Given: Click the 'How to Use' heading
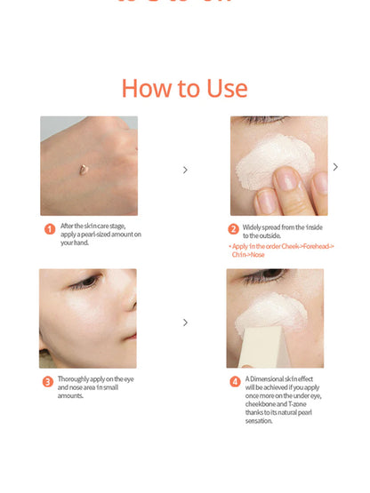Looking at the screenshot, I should point(184,88).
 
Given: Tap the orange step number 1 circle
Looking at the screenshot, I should point(50,229).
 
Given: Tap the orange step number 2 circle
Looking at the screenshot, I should point(234,229).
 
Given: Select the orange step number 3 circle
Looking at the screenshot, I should point(48,382).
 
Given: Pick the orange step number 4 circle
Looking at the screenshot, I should point(235,382).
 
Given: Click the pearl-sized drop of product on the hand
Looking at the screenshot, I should point(82,168).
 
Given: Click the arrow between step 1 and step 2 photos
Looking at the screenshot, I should point(185,170).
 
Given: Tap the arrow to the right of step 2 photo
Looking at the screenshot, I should point(335,167).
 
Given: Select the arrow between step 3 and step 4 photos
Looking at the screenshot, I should point(185,323).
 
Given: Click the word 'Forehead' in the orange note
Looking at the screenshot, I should point(315,246).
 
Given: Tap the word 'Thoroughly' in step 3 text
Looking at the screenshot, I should point(73,379).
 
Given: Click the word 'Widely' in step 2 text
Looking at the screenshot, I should point(254,227).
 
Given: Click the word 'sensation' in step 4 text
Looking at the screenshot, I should point(260,420).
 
